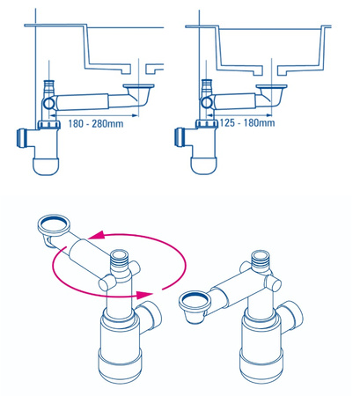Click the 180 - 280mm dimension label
96,123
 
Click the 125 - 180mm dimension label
246,122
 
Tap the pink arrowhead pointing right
144,294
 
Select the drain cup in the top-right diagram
273,93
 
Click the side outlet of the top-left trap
23,137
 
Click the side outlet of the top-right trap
180,137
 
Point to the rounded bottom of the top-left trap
46,166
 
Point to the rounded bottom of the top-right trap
204,165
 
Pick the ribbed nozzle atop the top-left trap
49,85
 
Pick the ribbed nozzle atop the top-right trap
207,84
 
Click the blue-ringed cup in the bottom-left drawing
54,227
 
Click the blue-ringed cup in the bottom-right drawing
195,306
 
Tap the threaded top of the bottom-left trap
119,259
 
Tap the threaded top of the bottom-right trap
260,259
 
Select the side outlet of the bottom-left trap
150,315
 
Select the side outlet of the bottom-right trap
290,315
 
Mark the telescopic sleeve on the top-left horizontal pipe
82,102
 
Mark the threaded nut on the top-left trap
49,125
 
